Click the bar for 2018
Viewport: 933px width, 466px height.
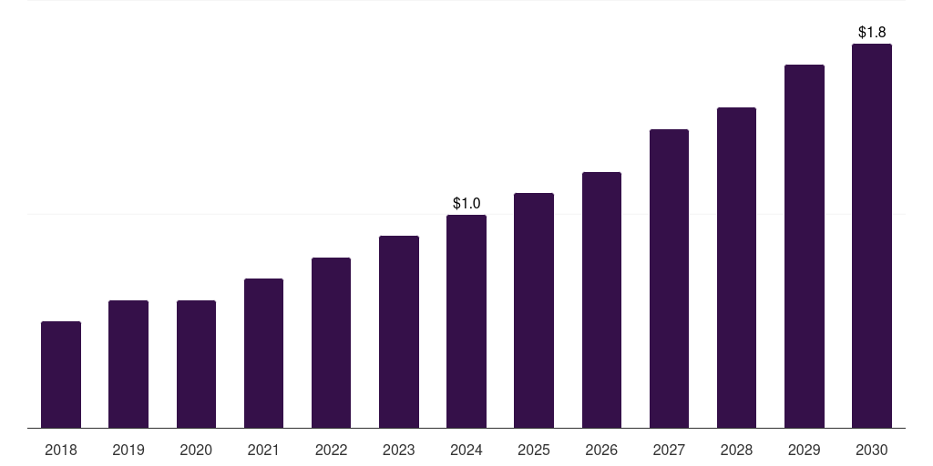click(61, 374)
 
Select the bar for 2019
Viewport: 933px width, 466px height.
click(128, 364)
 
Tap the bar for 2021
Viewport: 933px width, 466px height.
click(263, 353)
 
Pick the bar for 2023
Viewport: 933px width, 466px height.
click(399, 331)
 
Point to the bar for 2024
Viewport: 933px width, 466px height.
click(466, 321)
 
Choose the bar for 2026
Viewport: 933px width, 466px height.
click(601, 299)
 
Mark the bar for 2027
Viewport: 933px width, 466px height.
click(669, 279)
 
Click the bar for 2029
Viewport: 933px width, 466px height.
click(805, 246)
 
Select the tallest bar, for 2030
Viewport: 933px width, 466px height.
click(872, 236)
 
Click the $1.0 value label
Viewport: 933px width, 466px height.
click(466, 203)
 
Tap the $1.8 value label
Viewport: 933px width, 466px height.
click(872, 32)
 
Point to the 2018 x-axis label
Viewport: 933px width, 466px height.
click(61, 450)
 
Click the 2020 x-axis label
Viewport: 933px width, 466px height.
click(196, 450)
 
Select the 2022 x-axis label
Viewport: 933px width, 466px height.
click(331, 450)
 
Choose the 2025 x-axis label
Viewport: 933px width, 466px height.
click(534, 450)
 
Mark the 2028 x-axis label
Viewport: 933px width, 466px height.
click(736, 450)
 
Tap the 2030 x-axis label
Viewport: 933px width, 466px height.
click(872, 450)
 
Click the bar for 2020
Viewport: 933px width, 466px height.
click(196, 364)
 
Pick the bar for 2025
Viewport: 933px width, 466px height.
click(534, 310)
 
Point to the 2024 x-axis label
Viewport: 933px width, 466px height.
click(466, 450)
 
